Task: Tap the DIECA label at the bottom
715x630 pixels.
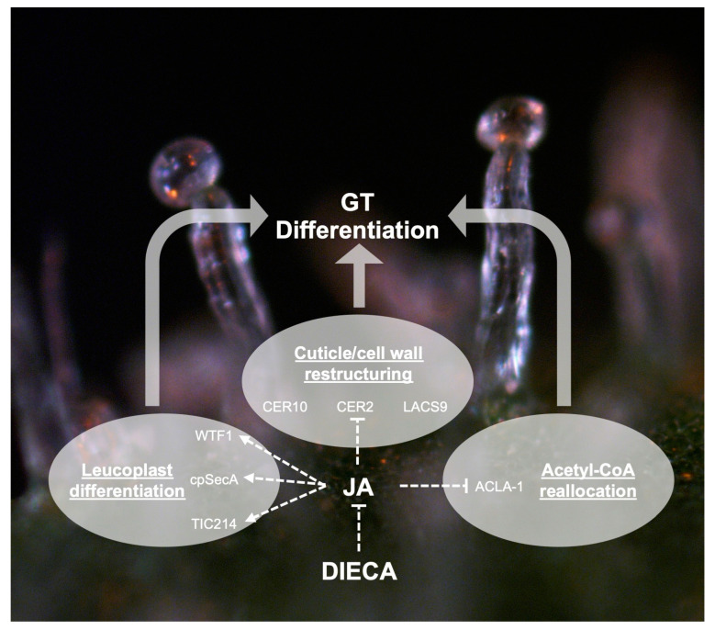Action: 359,571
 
